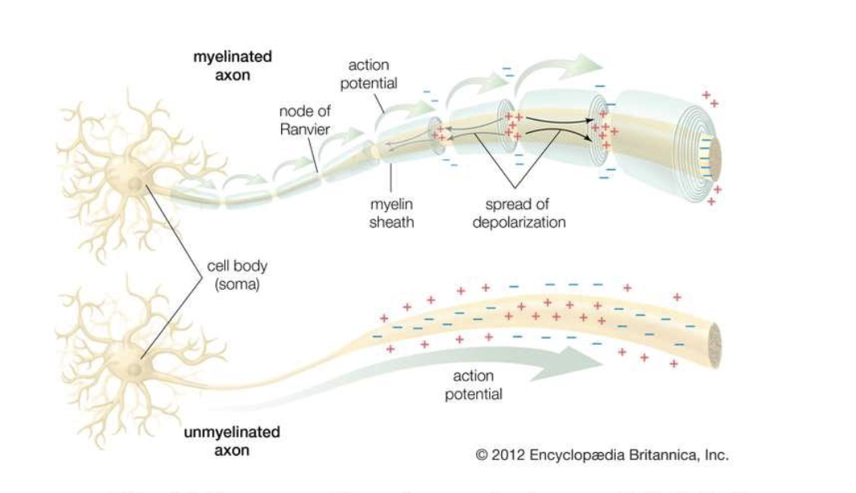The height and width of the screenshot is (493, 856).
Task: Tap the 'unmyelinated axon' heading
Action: pyautogui.click(x=231, y=441)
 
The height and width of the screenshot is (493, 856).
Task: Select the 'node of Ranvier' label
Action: pyautogui.click(x=304, y=120)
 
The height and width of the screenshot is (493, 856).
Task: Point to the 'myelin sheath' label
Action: pyautogui.click(x=391, y=214)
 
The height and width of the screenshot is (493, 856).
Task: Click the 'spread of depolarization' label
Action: pyautogui.click(x=518, y=214)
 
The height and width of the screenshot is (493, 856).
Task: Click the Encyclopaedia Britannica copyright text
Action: pyautogui.click(x=601, y=454)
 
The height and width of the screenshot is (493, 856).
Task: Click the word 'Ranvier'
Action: pyautogui.click(x=304, y=128)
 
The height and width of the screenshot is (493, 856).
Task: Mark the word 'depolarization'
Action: pyautogui.click(x=518, y=222)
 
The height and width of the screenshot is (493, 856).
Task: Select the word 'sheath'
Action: pyautogui.click(x=391, y=222)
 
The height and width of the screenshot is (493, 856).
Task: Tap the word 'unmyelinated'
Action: pyautogui.click(x=231, y=432)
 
